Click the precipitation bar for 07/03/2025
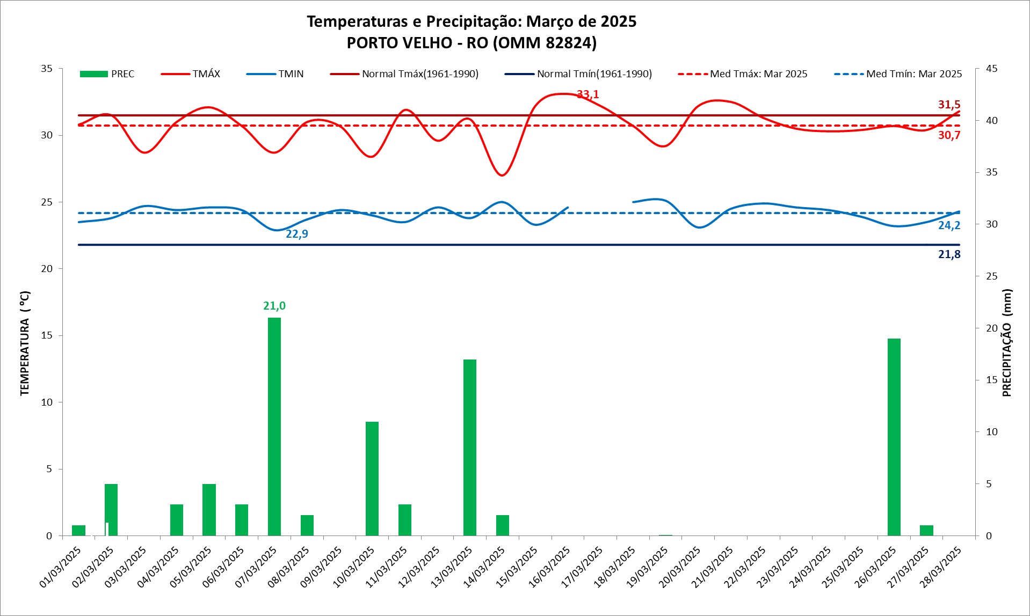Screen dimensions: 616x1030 (x=274, y=427)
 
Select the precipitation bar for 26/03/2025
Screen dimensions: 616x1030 (x=894, y=437)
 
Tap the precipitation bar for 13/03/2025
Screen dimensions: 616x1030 (x=469, y=447)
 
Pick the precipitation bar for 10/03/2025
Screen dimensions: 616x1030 (x=372, y=478)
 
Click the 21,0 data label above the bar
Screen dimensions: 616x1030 (x=274, y=306)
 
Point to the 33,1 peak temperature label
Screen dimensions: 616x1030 (x=587, y=95)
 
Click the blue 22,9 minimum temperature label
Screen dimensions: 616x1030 (x=296, y=234)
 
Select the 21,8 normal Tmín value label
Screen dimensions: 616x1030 (x=949, y=254)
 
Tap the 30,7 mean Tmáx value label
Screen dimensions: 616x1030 (x=949, y=135)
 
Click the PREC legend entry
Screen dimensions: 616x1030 (x=107, y=74)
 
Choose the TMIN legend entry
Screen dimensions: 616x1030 (x=275, y=74)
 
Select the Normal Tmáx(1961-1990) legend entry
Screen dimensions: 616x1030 (x=404, y=74)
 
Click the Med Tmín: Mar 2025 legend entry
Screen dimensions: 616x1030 (x=898, y=74)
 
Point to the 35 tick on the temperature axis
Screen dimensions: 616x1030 (x=47, y=69)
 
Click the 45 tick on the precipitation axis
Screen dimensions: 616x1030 (x=991, y=69)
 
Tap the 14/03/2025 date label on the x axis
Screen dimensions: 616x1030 (x=485, y=567)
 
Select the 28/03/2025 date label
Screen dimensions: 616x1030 (x=941, y=567)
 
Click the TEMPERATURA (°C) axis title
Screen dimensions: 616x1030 (x=25, y=343)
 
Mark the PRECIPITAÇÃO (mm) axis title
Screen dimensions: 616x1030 (x=1007, y=343)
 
